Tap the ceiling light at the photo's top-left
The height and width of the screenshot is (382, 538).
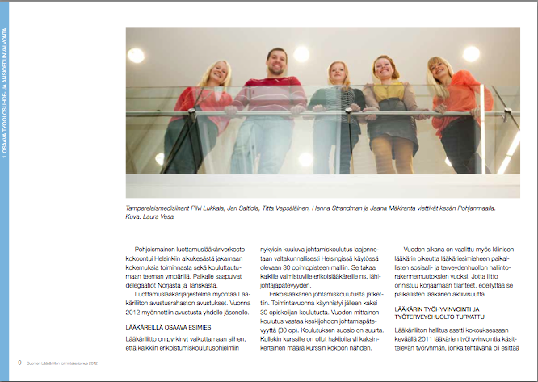[x=136, y=55]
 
